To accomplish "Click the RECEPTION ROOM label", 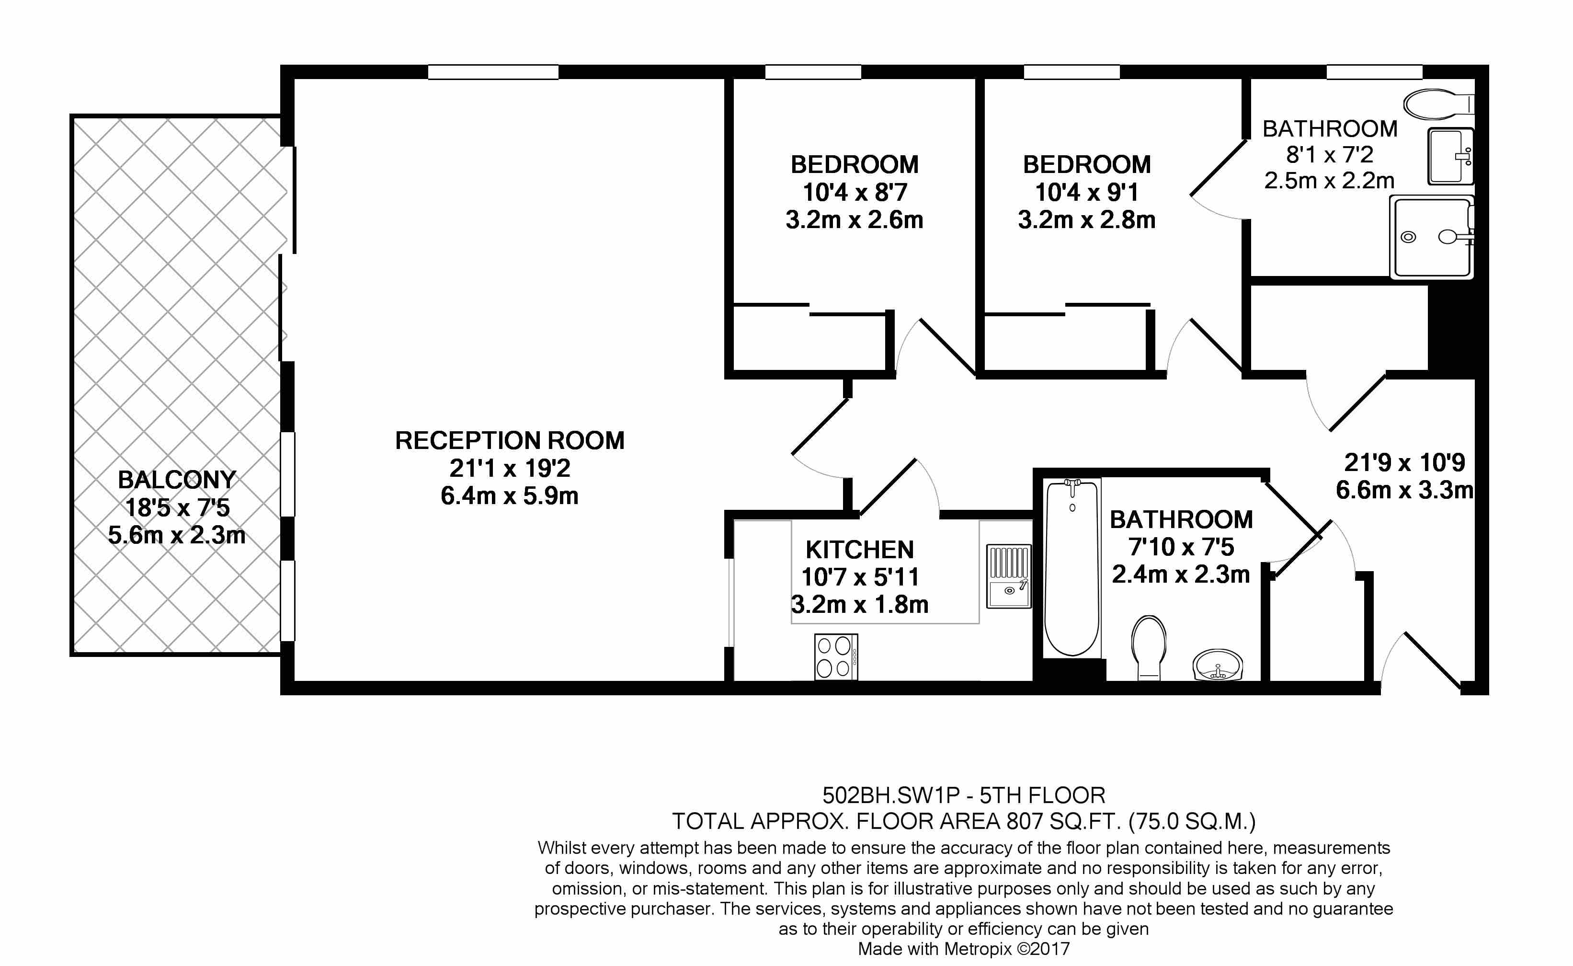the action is [510, 441].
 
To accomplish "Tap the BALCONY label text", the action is [177, 480].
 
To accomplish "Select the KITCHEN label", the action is [860, 550].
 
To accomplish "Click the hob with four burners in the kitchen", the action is [836, 657].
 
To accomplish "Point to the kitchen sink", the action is [1008, 576].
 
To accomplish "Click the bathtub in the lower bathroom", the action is [1071, 569].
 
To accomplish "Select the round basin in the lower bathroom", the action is [1218, 665].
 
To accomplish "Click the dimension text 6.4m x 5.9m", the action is [510, 496].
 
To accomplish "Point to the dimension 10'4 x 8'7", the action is [855, 192].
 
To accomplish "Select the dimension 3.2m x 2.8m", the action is [1086, 220].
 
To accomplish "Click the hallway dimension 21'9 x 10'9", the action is [1404, 462].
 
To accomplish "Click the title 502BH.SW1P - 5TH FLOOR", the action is [964, 795].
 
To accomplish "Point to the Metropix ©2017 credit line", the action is [964, 949].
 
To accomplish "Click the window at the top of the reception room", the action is [493, 72].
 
